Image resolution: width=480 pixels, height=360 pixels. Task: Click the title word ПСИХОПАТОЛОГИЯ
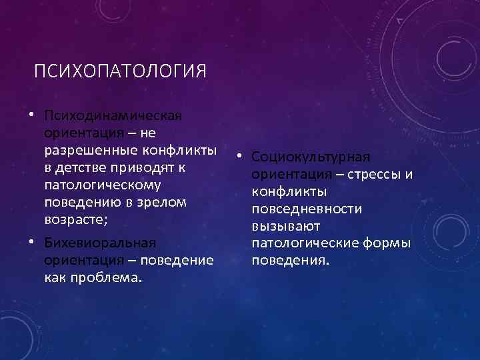[x=121, y=71]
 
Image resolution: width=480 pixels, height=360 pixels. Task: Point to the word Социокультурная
[x=311, y=157]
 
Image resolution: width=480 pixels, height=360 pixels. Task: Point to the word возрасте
[x=75, y=218]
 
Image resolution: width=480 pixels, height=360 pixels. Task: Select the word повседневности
[x=307, y=209]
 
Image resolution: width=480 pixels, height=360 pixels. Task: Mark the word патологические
[x=303, y=244]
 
